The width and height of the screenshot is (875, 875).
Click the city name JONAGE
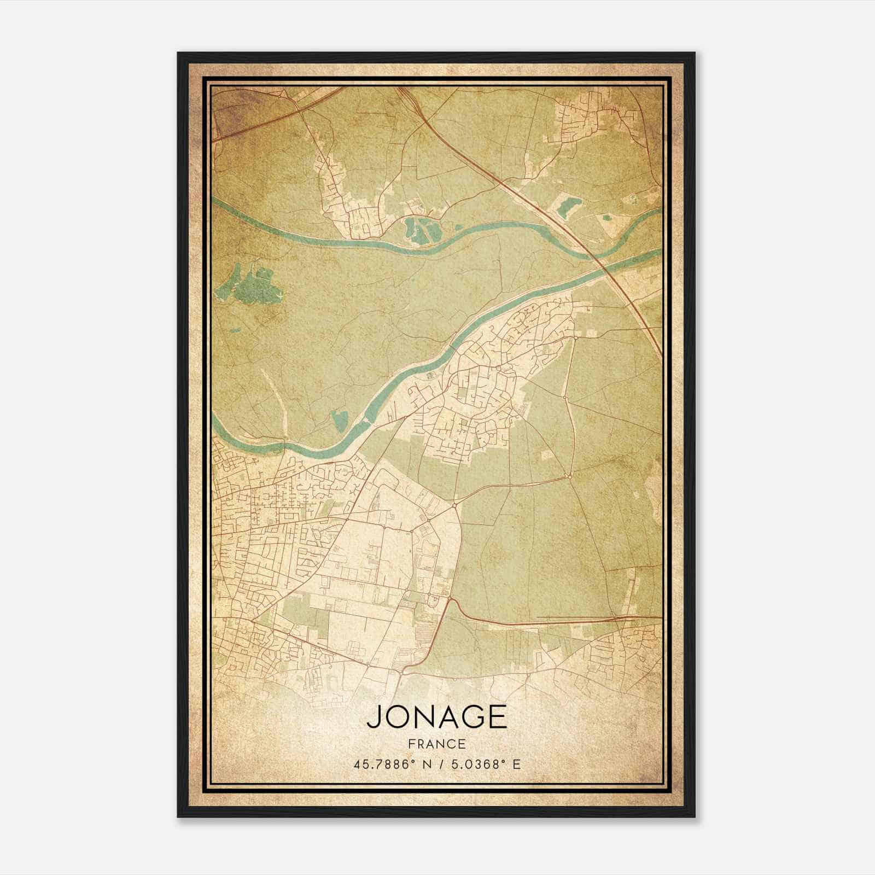pos(436,716)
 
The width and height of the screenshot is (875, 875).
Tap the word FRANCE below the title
pos(436,744)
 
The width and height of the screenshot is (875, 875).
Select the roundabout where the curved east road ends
pos(569,477)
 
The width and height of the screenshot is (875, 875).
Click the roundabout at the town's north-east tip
pos(576,338)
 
